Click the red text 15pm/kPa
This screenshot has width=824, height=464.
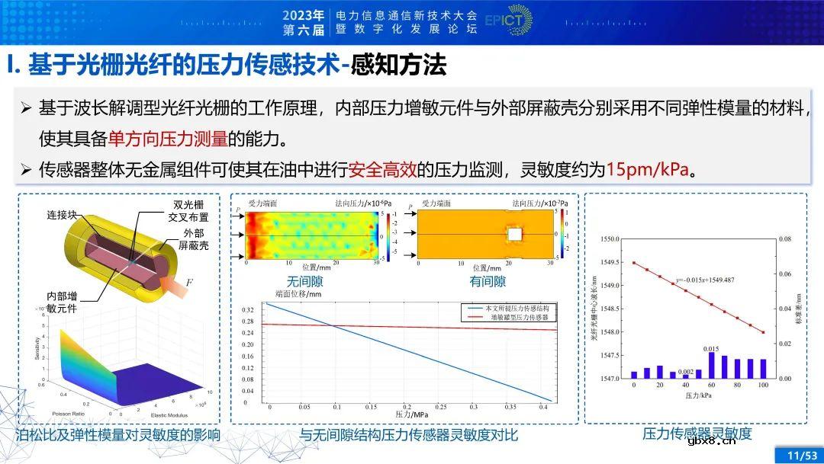coord(647,169)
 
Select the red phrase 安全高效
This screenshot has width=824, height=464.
coord(375,169)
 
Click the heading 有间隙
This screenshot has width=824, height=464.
coord(488,281)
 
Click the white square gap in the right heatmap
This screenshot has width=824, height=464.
coord(515,233)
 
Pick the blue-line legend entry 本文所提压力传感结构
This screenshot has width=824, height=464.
coord(510,306)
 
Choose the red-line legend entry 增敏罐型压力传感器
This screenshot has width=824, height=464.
coord(510,315)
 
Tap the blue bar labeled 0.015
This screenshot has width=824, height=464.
coord(712,364)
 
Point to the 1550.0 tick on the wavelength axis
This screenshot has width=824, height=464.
coord(610,239)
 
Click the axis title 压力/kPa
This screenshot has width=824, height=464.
coord(697,396)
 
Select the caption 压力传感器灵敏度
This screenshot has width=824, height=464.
coord(697,434)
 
